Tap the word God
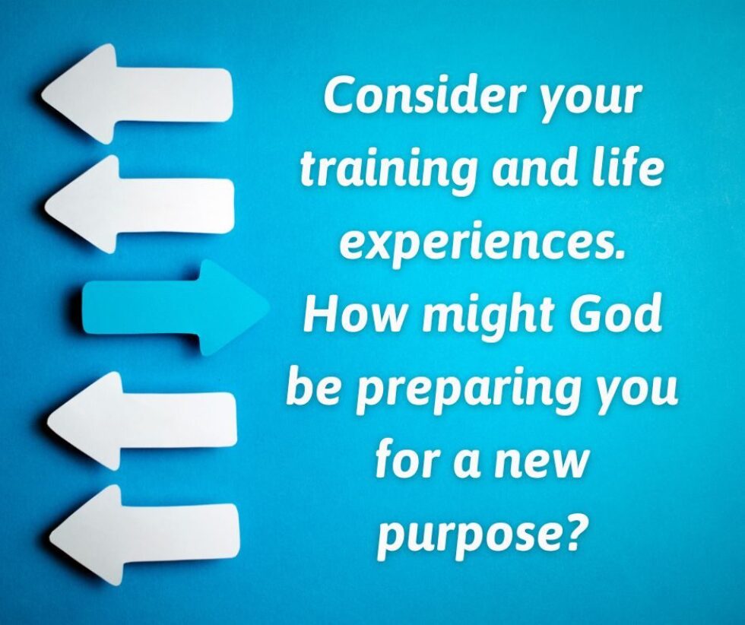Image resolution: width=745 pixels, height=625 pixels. pos(617,314)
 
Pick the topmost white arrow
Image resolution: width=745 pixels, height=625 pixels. pos(138,94)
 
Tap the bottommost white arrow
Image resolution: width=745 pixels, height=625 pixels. pos(143,535)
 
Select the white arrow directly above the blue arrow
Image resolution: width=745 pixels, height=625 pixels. pos(139,204)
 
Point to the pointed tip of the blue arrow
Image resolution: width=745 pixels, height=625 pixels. pos(268,306)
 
